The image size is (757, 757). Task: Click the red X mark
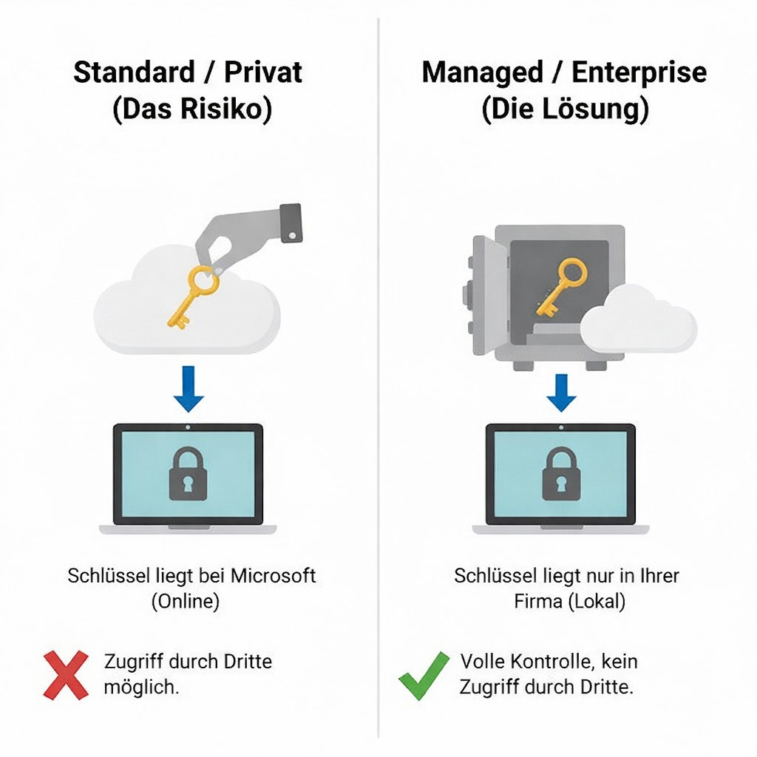tap(66, 675)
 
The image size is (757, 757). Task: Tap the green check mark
tap(424, 675)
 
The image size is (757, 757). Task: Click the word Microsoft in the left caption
tap(274, 575)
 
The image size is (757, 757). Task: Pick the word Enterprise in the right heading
tap(639, 72)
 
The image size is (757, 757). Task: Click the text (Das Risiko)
tap(192, 109)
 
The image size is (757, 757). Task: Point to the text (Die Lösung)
tap(565, 109)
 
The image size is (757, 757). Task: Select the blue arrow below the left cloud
tap(189, 388)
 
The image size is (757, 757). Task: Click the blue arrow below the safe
tap(561, 393)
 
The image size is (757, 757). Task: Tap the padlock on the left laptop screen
tap(188, 474)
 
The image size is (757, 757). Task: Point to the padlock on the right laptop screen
tap(561, 474)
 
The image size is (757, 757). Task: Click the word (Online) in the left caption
tap(186, 601)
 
